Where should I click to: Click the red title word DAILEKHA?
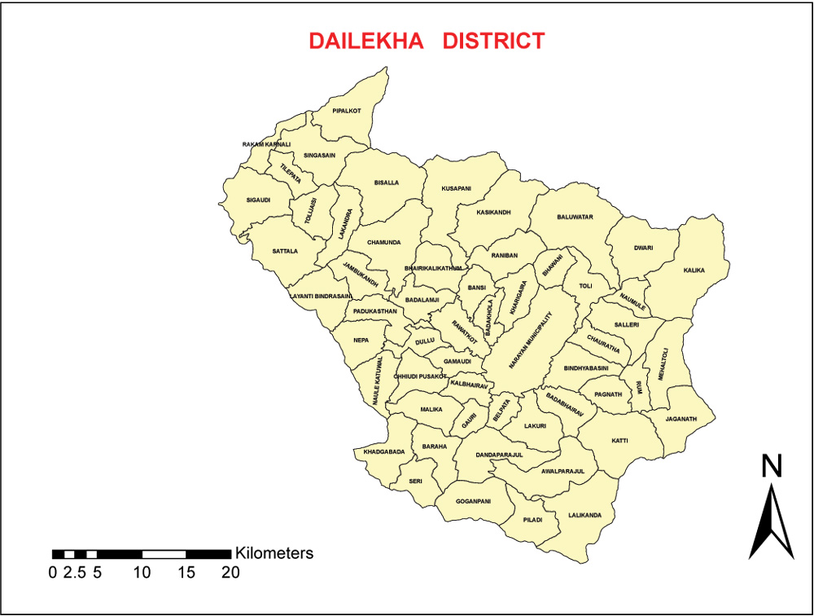366,41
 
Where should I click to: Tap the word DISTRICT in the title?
493,41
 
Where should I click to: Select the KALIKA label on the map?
694,270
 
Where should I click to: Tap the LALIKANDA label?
585,516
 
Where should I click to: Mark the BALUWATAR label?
575,217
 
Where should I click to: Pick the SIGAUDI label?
258,200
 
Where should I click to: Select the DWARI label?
644,249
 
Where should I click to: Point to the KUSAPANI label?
456,188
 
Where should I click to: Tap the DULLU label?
425,342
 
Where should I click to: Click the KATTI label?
619,441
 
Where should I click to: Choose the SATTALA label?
286,251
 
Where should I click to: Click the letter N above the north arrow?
772,466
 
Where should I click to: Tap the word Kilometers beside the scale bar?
274,553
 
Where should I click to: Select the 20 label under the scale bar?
231,572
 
